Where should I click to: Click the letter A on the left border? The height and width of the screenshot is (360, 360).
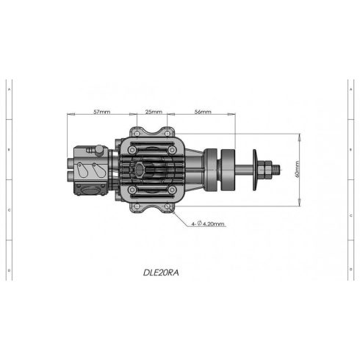click(x=8, y=89)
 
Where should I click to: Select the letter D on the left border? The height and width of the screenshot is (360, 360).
click(x=8, y=270)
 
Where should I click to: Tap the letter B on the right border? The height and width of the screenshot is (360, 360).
click(x=351, y=149)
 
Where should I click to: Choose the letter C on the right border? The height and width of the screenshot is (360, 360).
click(x=351, y=209)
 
